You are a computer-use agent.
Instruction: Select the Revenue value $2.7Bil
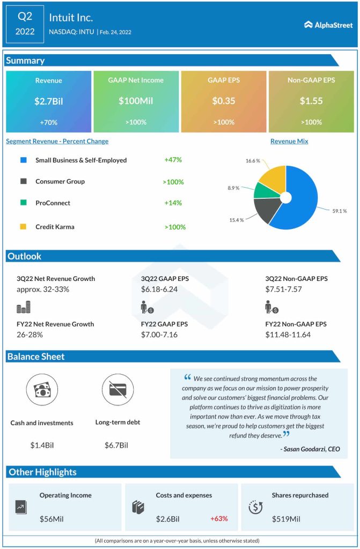pyautogui.click(x=49, y=101)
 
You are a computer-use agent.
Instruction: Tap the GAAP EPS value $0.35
pyautogui.click(x=223, y=101)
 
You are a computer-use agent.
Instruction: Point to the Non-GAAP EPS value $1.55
pyautogui.click(x=311, y=101)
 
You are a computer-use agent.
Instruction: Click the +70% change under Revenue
pyautogui.click(x=49, y=122)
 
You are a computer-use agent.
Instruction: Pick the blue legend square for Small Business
pyautogui.click(x=23, y=160)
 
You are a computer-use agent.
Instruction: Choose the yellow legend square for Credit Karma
pyautogui.click(x=23, y=227)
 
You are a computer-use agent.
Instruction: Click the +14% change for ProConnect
pyautogui.click(x=173, y=203)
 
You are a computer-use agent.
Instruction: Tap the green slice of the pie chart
pyautogui.click(x=263, y=190)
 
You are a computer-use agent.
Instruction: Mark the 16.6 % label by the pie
pyautogui.click(x=253, y=160)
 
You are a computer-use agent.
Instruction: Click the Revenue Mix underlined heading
pyautogui.click(x=289, y=142)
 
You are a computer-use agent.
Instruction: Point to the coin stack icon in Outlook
pyautogui.click(x=24, y=307)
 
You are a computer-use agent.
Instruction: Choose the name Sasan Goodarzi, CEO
pyautogui.click(x=310, y=449)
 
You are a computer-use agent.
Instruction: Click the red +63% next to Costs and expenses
pyautogui.click(x=219, y=518)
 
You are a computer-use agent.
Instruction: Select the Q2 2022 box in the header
pyautogui.click(x=25, y=24)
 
